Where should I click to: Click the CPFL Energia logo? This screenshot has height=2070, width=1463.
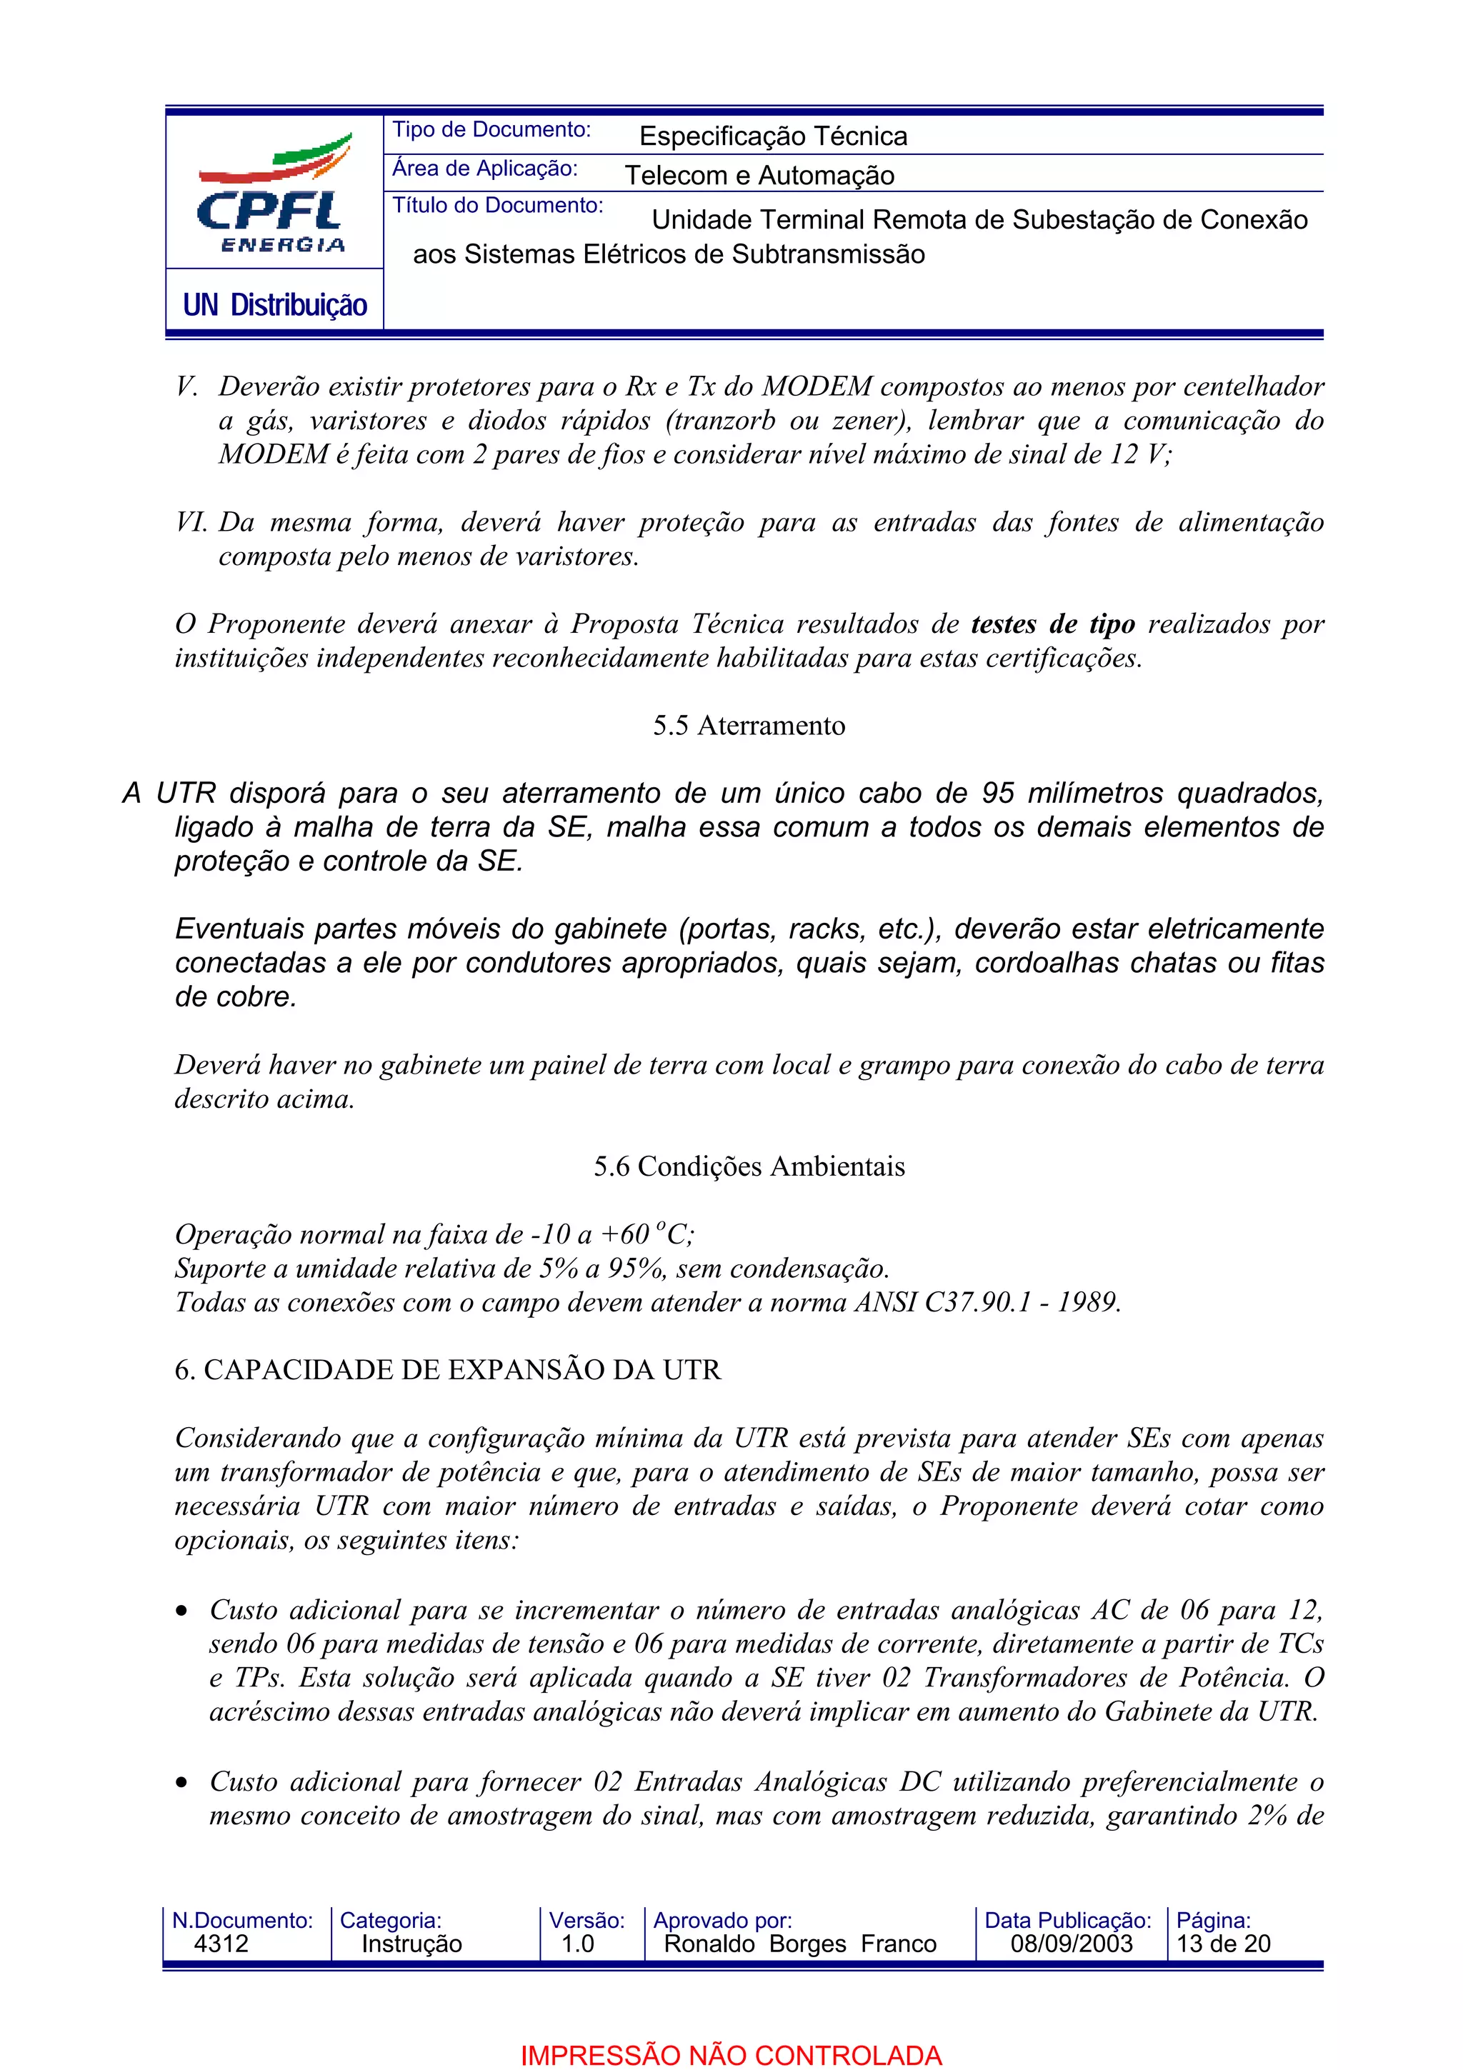273,194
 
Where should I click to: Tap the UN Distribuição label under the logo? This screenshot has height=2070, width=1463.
274,305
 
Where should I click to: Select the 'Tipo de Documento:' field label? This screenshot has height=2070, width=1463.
491,130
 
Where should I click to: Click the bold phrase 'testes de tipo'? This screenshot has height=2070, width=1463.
1052,624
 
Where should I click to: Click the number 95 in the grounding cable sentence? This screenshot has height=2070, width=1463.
998,794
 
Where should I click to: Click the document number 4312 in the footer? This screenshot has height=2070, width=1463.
221,1944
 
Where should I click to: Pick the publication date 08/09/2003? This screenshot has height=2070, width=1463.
1071,1944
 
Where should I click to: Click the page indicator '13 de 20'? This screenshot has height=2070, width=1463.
1222,1944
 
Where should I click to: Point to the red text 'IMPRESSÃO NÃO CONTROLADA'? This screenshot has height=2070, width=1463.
731,2056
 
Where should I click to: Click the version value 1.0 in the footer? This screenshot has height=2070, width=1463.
577,1944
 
